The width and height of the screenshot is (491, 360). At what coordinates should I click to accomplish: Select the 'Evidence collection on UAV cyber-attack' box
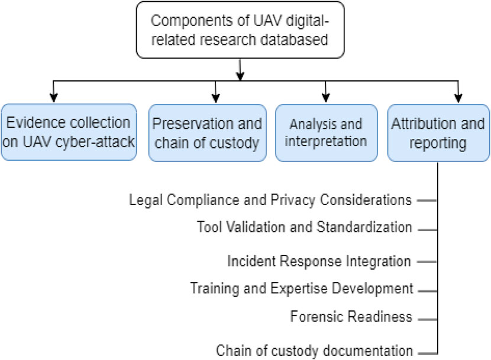(x=69, y=132)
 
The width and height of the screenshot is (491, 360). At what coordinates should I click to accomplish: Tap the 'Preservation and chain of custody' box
(x=206, y=132)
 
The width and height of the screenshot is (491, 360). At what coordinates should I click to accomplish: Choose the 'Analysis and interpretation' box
(x=326, y=132)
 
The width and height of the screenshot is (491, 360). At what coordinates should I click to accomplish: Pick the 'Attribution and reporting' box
(x=438, y=132)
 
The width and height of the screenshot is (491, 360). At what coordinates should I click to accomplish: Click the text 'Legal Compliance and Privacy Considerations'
(x=270, y=200)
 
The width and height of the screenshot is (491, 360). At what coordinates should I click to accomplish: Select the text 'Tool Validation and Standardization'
(x=304, y=227)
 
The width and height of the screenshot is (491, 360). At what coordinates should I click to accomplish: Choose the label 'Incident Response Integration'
(x=319, y=261)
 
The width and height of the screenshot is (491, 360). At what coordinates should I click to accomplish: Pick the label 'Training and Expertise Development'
(x=301, y=288)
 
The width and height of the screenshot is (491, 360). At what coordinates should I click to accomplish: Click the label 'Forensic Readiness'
(x=351, y=317)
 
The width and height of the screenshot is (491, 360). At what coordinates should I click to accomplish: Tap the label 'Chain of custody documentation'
(x=314, y=349)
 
